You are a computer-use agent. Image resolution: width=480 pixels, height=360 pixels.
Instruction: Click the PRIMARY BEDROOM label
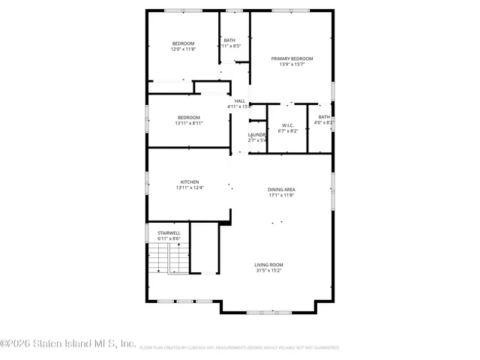[292, 58]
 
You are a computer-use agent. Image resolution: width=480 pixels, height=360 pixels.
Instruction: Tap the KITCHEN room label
[189, 181]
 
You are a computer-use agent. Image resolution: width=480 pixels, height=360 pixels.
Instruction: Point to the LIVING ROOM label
[268, 264]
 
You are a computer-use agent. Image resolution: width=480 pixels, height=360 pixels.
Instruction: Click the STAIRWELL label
[169, 233]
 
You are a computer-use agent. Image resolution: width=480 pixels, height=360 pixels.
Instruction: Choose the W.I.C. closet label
[288, 125]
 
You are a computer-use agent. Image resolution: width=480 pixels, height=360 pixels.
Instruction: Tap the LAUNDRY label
[257, 134]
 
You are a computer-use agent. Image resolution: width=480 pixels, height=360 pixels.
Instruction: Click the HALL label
[240, 101]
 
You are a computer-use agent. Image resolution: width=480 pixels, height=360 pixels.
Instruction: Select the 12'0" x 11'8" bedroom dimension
[184, 49]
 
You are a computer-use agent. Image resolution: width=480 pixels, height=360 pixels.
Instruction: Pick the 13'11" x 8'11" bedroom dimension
[189, 123]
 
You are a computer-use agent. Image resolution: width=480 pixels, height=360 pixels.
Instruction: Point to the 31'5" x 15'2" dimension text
[268, 270]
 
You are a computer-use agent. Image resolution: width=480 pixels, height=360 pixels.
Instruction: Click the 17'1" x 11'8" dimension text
[281, 195]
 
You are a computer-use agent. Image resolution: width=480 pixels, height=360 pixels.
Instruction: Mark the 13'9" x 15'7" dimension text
[292, 64]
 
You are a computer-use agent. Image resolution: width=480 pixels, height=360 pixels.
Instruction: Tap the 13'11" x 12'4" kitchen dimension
[189, 187]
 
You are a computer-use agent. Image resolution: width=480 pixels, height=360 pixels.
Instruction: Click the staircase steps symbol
[169, 260]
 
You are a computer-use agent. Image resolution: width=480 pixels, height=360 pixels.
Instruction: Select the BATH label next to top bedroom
[229, 40]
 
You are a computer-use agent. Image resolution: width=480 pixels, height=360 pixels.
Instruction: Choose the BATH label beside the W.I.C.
[324, 116]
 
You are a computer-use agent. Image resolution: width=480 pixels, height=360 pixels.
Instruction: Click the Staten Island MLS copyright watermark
[67, 343]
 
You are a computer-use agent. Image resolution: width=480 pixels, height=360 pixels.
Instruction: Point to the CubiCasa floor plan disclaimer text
[239, 348]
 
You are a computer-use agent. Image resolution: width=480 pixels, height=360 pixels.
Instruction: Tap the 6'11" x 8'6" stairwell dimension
[169, 239]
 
